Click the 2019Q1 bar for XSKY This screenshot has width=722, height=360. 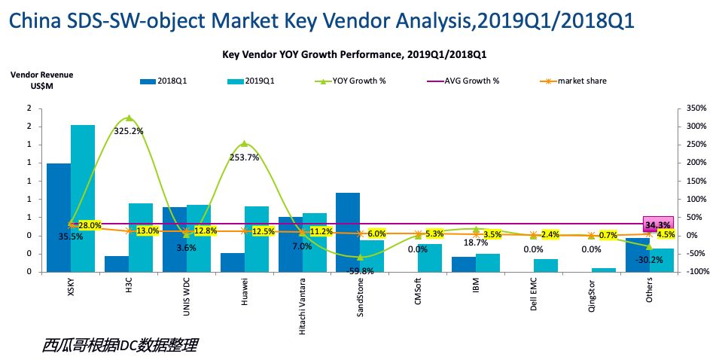click(x=83, y=198)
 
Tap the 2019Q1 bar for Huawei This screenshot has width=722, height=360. click(x=257, y=239)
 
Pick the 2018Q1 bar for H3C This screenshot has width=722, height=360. click(x=117, y=264)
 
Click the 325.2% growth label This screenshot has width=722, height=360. click(x=129, y=131)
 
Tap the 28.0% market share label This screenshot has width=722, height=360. click(x=90, y=226)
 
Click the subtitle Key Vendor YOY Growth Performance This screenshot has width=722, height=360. click(x=360, y=55)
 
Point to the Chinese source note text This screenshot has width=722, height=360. click(x=120, y=346)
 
